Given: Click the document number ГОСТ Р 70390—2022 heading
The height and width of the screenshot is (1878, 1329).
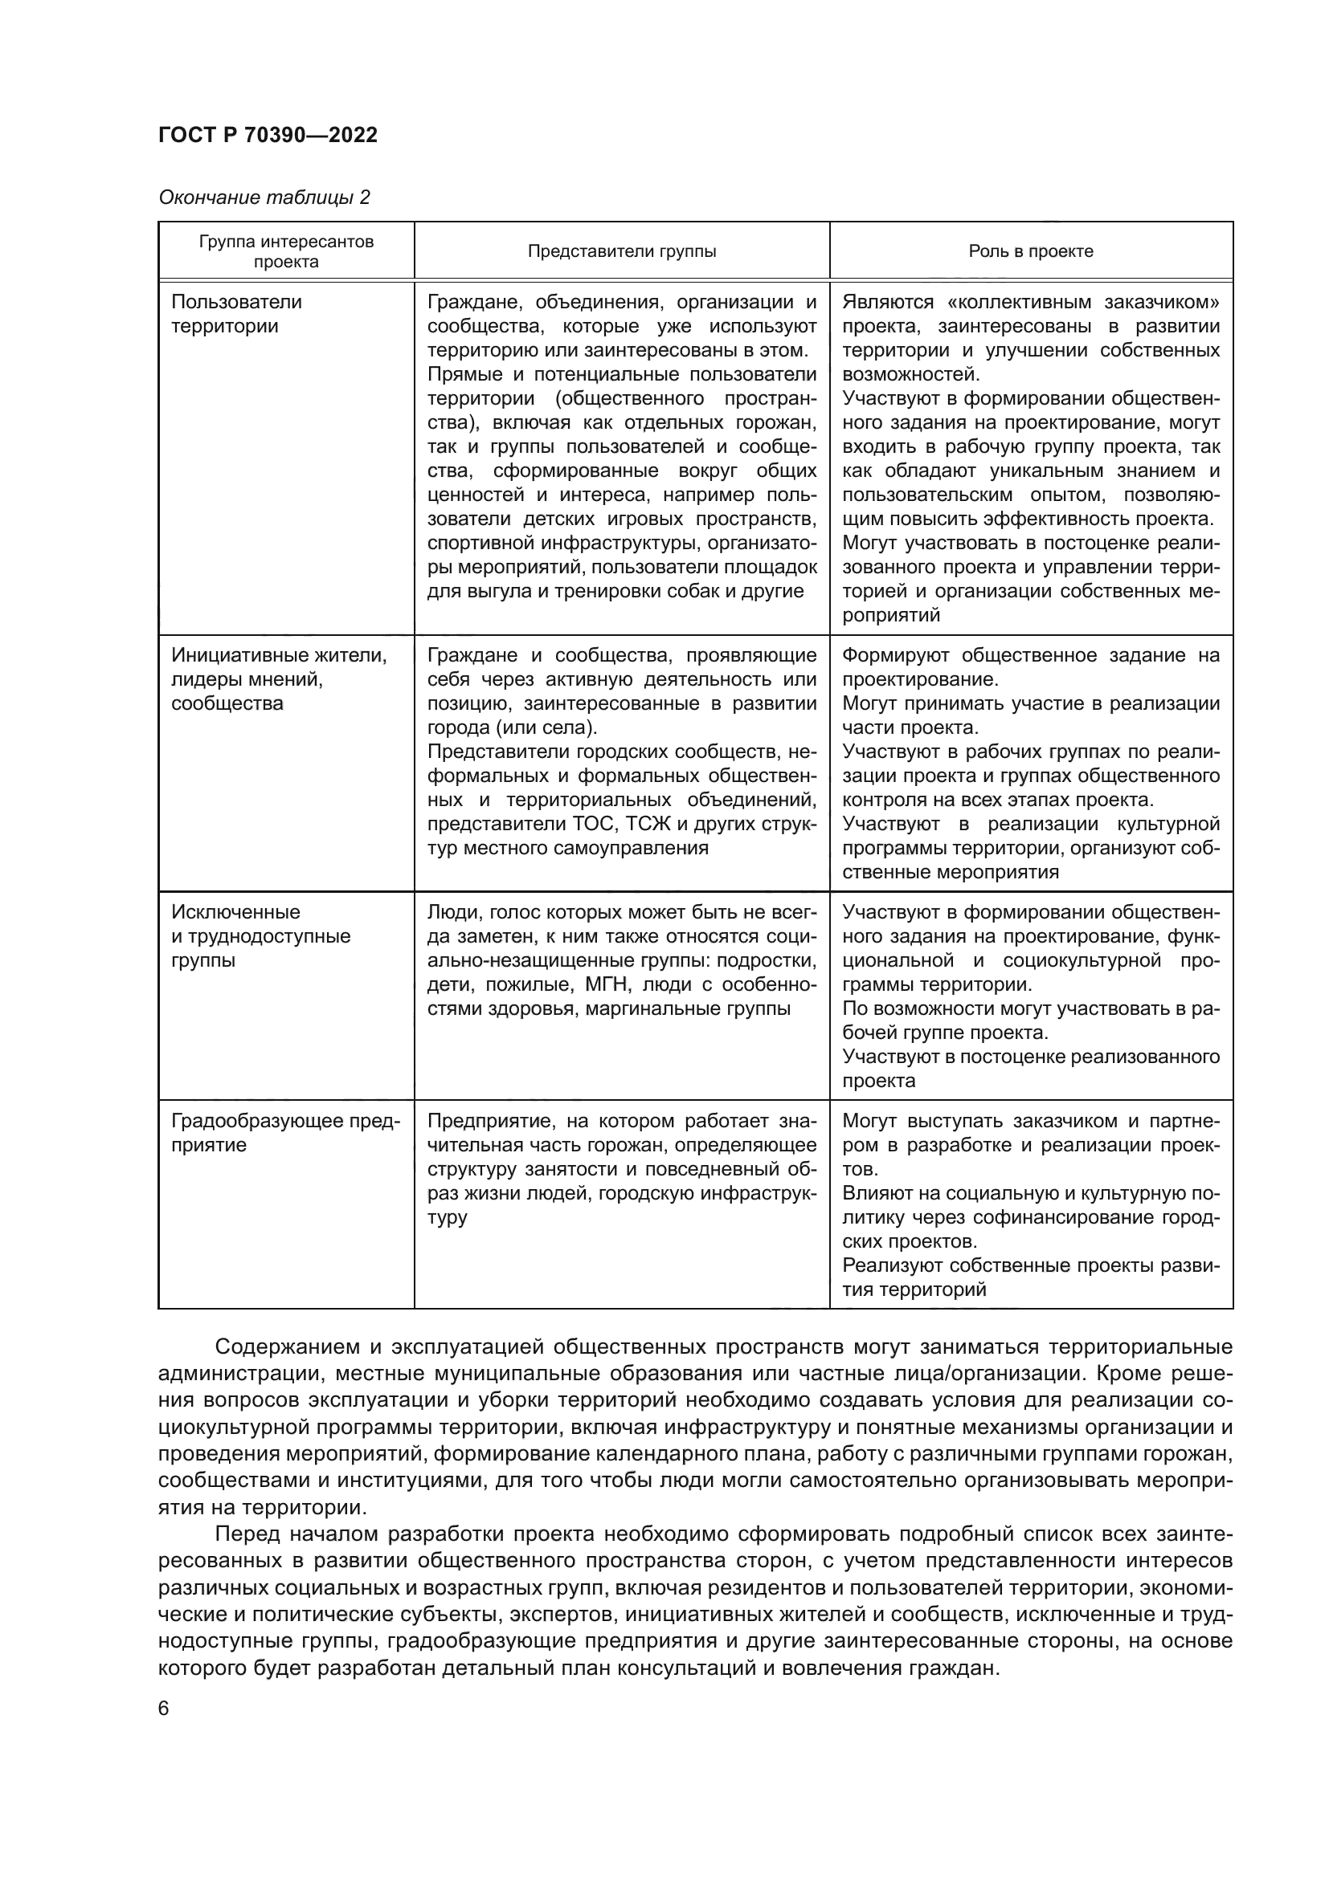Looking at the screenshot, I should (x=268, y=136).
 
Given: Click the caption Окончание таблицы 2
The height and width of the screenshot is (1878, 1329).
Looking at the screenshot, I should (x=264, y=198).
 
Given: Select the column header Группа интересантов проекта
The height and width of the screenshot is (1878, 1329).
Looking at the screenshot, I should (x=285, y=251).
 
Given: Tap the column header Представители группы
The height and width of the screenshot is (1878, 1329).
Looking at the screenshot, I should (x=621, y=251).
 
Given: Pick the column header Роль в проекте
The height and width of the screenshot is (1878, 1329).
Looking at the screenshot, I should (x=1030, y=251).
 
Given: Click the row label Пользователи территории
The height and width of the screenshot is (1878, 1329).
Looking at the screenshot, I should (x=235, y=314).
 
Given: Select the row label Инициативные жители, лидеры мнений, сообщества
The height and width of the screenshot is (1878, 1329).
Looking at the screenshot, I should (x=278, y=679).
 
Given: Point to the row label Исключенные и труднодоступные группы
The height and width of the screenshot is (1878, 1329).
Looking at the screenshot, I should (x=260, y=935).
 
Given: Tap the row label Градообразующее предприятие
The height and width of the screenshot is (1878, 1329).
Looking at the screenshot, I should (x=284, y=1132).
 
